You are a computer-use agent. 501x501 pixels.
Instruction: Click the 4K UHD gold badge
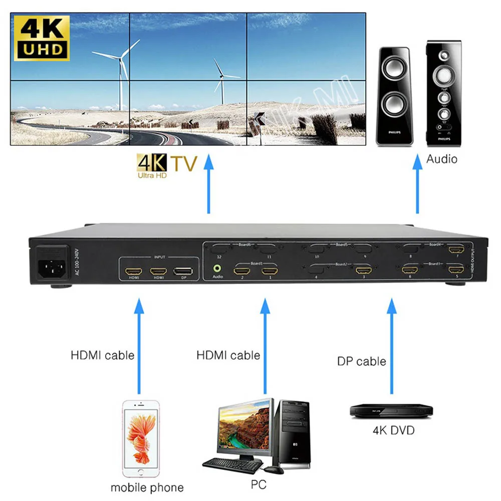point(43,37)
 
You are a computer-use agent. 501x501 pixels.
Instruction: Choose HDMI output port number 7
point(456,249)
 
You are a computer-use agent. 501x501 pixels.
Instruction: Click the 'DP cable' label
point(361,361)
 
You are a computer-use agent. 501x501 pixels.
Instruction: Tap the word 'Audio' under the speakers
point(442,159)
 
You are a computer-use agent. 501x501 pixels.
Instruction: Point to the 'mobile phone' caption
point(147,487)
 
